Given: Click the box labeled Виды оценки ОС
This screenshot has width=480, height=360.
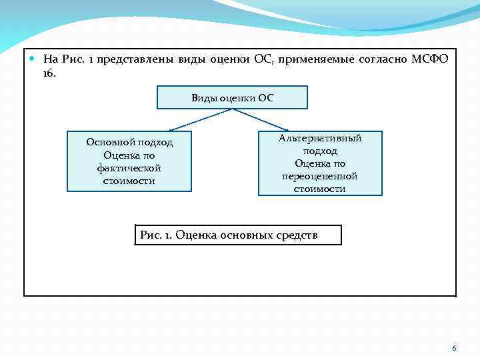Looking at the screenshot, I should coord(232,97).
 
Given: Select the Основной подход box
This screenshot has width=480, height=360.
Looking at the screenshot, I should coord(129,161).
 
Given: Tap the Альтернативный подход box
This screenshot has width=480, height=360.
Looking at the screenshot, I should coord(320,163).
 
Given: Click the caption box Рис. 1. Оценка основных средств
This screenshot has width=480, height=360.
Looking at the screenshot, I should coord(237,235).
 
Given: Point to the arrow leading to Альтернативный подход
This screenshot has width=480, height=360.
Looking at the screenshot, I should coord(263,119).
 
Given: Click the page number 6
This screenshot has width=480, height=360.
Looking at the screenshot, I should coord(454,348).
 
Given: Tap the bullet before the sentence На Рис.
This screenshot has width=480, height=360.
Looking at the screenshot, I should coord(33,59).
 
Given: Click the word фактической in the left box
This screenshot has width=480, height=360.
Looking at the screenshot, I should coord(129,168).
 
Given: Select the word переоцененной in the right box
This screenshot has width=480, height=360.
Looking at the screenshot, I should coord(320,176).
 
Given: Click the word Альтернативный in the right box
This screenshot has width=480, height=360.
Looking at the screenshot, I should coord(320,138).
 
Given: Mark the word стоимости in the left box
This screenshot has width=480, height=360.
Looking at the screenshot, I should coord(129,181).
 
